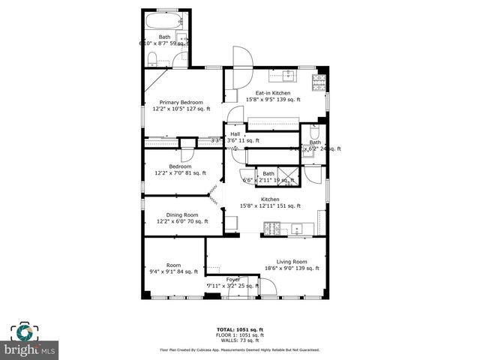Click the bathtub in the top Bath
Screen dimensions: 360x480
163,20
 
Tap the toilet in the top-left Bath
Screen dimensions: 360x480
151,59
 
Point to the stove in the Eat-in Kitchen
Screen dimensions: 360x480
320,78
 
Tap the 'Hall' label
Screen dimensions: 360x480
235,133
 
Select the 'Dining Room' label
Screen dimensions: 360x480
178,214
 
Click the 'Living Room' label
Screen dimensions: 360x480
291,262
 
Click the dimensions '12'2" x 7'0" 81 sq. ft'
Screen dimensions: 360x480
180,173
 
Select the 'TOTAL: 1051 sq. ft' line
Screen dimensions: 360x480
239,329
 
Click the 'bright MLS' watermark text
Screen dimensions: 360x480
30,350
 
